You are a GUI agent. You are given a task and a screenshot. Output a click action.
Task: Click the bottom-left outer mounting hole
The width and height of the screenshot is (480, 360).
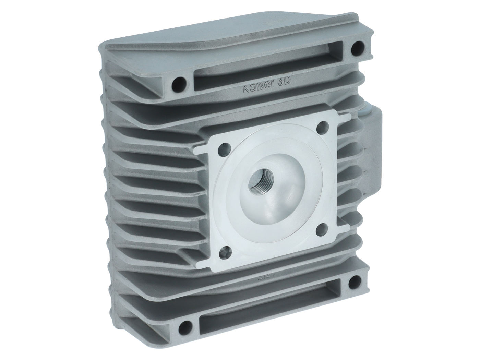point(187,324)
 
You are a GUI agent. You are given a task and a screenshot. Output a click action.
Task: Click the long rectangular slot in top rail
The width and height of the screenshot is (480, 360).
point(267,63)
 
